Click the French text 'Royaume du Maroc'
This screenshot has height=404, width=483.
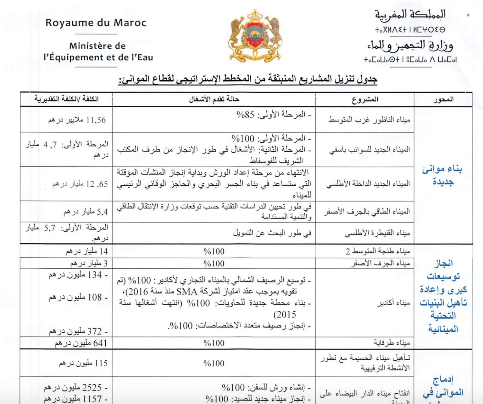coord(96,23)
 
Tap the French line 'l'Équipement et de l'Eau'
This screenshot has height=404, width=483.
coord(98,57)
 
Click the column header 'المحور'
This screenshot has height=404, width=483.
coord(443,100)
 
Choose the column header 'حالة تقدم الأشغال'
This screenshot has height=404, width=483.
coord(214,100)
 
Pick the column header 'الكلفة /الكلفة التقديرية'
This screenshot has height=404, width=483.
coord(66,99)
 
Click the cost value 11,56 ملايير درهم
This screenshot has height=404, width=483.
coord(77,120)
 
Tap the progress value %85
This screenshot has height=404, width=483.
coord(245,115)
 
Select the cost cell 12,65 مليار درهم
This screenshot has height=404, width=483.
coord(80,184)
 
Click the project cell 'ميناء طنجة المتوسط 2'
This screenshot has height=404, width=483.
coord(378,251)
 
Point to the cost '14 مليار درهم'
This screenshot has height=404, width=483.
coord(87,251)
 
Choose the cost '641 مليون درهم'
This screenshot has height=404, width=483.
coord(81,343)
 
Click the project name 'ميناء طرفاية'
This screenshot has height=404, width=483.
coord(392,343)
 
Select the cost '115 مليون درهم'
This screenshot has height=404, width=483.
coord(83,363)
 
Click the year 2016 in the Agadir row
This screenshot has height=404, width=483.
coord(138,292)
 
